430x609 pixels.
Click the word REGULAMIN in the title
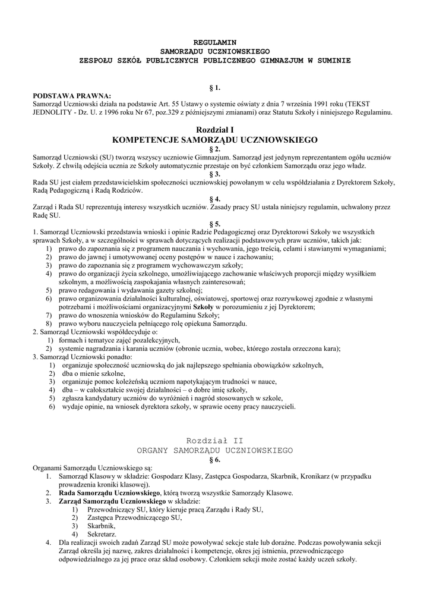tap(215, 43)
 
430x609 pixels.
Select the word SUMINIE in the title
tap(333, 61)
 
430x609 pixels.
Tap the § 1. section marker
tap(215, 87)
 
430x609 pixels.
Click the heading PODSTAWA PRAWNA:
tap(72, 95)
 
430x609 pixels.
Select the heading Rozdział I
tap(215, 130)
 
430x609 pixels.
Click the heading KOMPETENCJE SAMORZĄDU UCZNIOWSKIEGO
tap(215, 140)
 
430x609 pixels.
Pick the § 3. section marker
tap(215, 174)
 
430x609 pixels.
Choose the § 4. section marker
tap(215, 199)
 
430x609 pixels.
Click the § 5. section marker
tap(215, 224)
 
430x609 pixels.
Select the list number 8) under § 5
tap(48, 324)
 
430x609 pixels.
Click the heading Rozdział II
tap(215, 441)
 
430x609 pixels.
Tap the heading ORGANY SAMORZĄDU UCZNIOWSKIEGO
tap(215, 451)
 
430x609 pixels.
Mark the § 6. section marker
tap(215, 460)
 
